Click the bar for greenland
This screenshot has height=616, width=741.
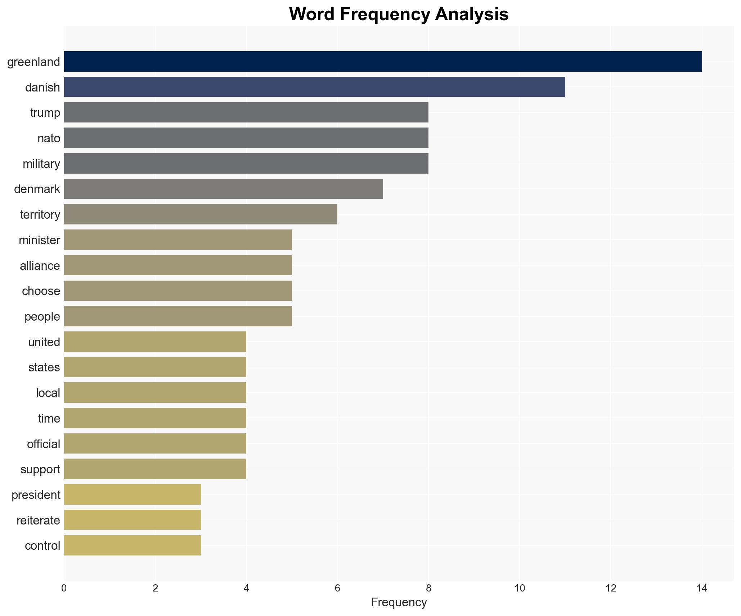(x=383, y=62)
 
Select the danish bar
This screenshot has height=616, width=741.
(x=314, y=87)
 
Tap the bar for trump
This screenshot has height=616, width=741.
(x=246, y=112)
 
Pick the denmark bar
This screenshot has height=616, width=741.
(x=223, y=189)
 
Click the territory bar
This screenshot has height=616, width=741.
(x=201, y=214)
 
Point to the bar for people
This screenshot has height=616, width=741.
(x=178, y=316)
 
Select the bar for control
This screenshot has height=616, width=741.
(x=132, y=545)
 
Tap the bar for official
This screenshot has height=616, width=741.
(x=155, y=443)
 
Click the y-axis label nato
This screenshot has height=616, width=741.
(x=49, y=138)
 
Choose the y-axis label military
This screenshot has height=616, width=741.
(x=41, y=164)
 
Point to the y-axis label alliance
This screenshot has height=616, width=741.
(x=40, y=266)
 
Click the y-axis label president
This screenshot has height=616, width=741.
(x=36, y=495)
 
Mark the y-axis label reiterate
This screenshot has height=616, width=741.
(x=38, y=521)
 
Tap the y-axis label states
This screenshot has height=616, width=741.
(x=44, y=367)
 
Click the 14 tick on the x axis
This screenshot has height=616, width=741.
(x=702, y=589)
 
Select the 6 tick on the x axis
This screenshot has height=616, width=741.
(x=337, y=589)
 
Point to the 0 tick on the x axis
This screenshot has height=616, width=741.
(x=64, y=589)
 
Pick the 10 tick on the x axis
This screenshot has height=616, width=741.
(x=520, y=589)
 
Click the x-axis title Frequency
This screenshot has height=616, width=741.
(x=399, y=602)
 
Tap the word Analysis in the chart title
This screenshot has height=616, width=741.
(x=471, y=14)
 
